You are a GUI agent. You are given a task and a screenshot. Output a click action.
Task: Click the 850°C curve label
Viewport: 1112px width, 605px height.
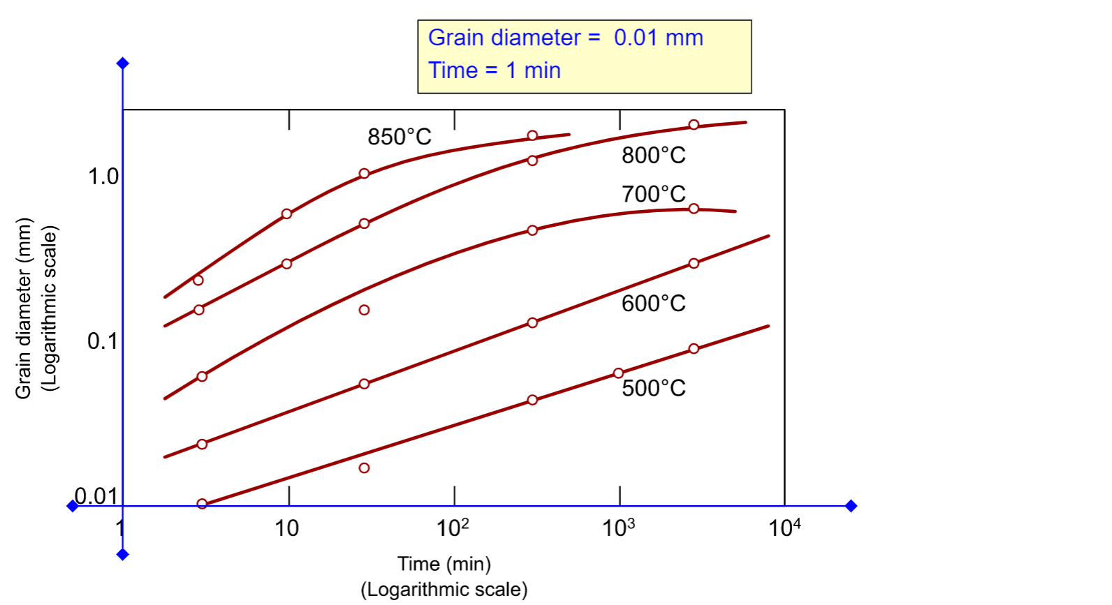coord(400,137)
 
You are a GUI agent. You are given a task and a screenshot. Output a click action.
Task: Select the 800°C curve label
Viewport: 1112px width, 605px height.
coord(653,155)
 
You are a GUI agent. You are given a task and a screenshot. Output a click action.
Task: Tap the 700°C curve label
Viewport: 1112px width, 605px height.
coord(653,194)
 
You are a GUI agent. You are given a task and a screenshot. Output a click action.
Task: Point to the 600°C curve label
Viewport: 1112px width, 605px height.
coord(653,304)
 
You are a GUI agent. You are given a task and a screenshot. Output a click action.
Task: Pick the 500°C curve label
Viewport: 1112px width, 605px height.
coord(653,388)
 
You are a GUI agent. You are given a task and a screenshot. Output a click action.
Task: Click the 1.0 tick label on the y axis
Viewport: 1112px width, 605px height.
coord(103,177)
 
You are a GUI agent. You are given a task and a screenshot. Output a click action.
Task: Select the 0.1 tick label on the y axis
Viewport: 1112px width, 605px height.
coord(103,341)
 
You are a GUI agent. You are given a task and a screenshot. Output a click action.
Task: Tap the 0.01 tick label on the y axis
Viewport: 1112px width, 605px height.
coord(96,496)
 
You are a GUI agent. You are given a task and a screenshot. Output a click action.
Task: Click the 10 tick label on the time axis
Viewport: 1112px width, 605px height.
coord(286,528)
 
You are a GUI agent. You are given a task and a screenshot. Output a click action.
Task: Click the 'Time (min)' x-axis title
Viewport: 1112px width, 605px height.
coord(444,564)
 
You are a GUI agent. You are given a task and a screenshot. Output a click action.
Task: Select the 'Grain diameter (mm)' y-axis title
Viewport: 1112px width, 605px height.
coord(24,308)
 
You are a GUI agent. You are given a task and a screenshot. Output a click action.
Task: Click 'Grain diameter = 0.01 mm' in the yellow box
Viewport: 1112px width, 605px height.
coord(565,38)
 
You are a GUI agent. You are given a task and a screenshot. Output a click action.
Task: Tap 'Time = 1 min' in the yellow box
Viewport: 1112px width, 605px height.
coord(495,70)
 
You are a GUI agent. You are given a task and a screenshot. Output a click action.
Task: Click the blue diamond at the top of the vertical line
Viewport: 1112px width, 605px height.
coord(123,64)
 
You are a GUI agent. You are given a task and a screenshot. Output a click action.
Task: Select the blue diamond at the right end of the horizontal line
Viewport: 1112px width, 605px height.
coord(851,506)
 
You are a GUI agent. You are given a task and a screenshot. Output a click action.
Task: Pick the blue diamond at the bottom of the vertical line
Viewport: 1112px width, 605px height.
coord(123,555)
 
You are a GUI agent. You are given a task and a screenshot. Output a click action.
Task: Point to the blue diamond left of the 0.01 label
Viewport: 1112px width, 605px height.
coord(72,506)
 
